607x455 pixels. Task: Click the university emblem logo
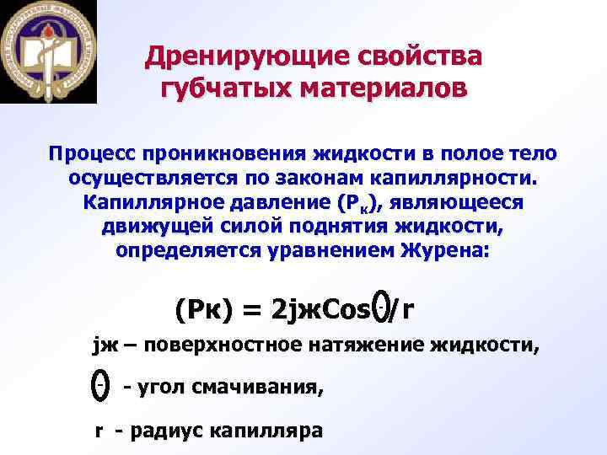point(48,51)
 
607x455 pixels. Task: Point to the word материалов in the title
point(376,88)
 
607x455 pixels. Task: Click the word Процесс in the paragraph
point(92,155)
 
